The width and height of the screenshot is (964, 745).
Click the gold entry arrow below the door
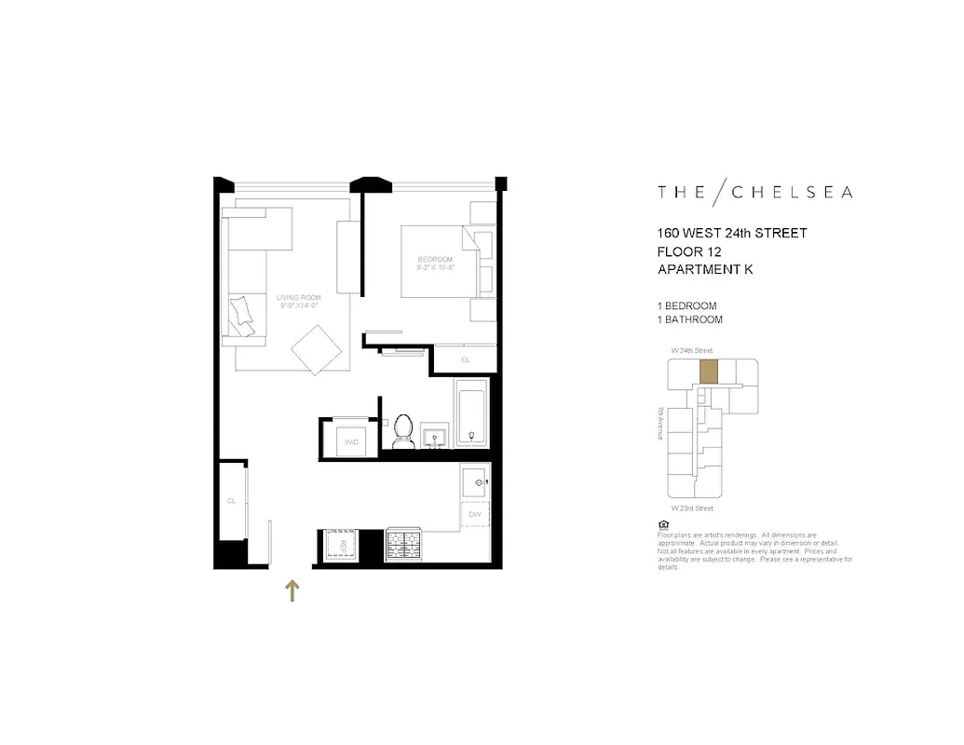[x=292, y=590]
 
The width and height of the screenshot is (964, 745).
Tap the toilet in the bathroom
[x=403, y=433]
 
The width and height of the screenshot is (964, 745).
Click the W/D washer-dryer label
[x=351, y=440]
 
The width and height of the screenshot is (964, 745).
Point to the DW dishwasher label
[x=475, y=514]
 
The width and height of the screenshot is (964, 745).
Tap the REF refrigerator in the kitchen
[x=342, y=545]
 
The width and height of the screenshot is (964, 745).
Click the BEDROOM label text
[x=435, y=259]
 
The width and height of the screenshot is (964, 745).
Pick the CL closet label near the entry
[x=231, y=501]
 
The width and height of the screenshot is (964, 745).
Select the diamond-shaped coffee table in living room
[x=316, y=349]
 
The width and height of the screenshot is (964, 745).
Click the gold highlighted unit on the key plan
[x=710, y=372]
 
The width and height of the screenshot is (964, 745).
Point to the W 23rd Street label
[x=692, y=508]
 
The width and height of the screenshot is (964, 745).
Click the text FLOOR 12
[x=689, y=251]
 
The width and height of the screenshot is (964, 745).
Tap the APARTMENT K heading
[x=705, y=269]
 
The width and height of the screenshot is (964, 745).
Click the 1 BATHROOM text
[x=690, y=319]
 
